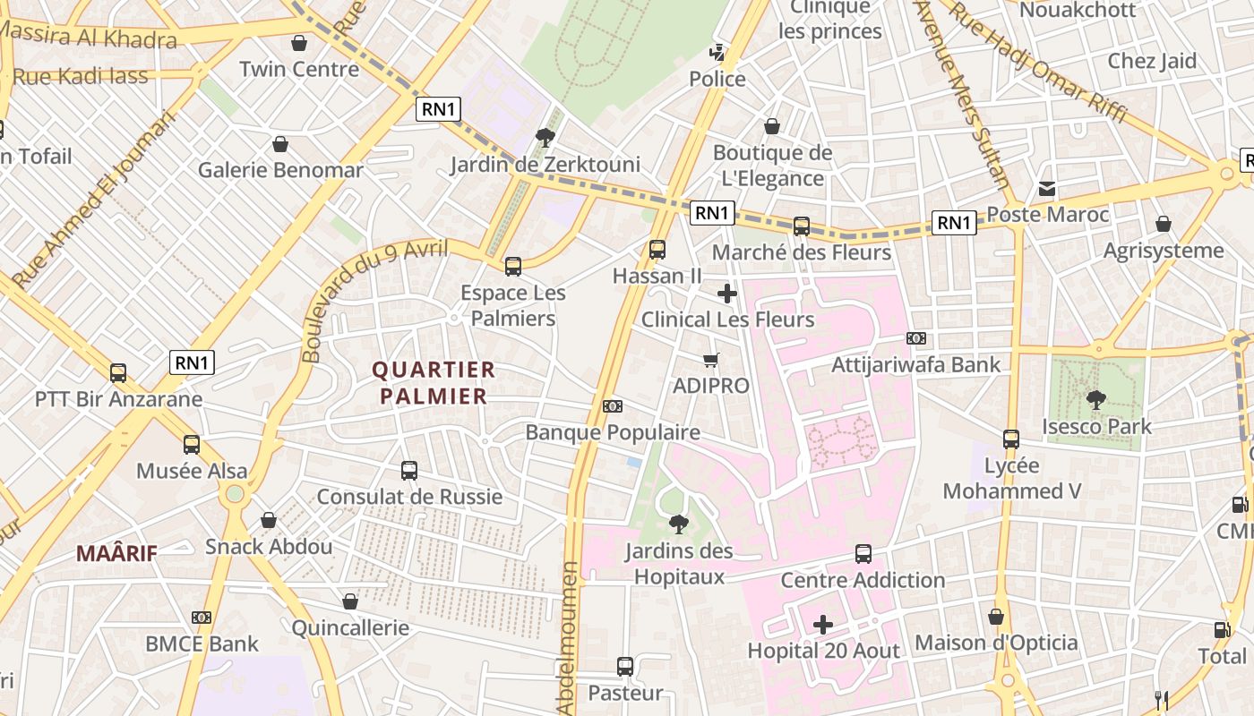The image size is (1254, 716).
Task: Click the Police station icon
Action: coord(717,53)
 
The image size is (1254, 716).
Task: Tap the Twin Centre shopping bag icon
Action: coord(299,43)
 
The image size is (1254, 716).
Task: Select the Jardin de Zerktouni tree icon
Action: coord(545,137)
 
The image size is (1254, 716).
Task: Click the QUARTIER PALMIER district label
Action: coord(434,382)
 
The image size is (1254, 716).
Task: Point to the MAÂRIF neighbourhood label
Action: coord(116,553)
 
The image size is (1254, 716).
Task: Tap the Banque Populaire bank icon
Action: coord(613,406)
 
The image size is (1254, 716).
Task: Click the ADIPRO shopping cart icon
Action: coord(711,360)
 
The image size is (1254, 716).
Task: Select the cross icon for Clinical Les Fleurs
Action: coord(727,293)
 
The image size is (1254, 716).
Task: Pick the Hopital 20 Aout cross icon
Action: coord(823,624)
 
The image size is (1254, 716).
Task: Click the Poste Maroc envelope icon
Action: coord(1046,189)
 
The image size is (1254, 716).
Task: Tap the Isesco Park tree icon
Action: coord(1095,400)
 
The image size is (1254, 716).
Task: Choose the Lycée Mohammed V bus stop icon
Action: coord(1011,439)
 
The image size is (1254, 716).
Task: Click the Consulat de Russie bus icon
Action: coord(409,470)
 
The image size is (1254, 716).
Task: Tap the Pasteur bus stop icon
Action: coord(625,667)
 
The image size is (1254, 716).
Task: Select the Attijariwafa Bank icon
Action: coord(915,338)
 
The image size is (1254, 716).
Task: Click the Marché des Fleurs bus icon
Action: coord(802,226)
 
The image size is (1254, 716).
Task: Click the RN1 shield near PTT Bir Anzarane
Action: coord(193,362)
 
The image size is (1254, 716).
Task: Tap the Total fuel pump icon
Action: coord(1222,629)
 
